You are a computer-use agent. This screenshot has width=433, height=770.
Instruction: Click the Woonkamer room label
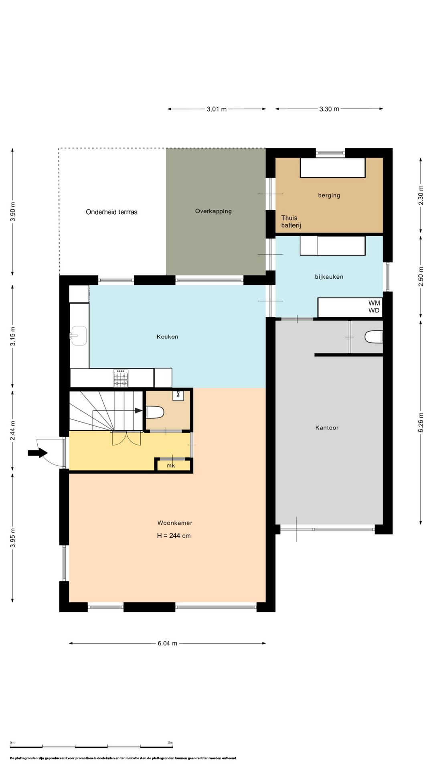coord(175,523)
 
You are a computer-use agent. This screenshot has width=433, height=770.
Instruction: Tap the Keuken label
coord(167,336)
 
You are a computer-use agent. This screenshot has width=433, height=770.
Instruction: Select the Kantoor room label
coord(327,428)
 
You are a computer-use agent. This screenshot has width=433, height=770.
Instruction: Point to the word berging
coord(329,195)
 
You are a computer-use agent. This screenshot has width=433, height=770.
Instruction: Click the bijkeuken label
coord(329,277)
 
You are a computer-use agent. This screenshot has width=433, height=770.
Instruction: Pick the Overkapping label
coord(213,211)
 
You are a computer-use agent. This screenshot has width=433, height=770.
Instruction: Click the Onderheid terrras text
coord(111,212)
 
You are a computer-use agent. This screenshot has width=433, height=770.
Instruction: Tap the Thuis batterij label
coord(291,221)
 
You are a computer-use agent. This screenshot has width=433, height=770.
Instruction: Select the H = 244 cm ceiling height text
coord(174,535)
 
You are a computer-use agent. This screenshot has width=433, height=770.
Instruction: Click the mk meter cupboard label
coord(171,466)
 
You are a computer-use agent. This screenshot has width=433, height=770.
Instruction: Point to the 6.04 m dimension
coord(167,643)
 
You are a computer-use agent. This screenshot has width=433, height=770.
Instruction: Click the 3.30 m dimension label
coord(329,109)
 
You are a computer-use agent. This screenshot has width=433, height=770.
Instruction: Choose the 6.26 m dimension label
coord(421,423)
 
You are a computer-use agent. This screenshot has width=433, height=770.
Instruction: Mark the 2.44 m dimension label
coord(13,431)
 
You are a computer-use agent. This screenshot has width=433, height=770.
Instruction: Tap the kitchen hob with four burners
coord(121,378)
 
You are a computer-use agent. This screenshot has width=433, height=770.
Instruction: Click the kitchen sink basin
coord(79,336)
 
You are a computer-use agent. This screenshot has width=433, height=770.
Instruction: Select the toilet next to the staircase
coord(156,412)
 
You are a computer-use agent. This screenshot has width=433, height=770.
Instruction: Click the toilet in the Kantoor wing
coord(374,337)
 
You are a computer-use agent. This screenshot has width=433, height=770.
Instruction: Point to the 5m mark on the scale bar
coord(170,743)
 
